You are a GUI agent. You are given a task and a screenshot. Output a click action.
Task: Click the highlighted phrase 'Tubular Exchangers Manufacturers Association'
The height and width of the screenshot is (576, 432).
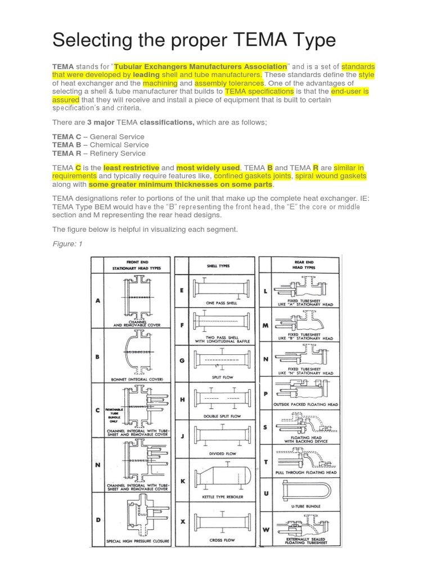coord(201,66)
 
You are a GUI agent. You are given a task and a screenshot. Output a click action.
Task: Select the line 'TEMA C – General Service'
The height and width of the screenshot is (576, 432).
coord(98,137)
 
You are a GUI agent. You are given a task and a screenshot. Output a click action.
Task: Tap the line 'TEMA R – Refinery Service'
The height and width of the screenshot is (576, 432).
coord(99,153)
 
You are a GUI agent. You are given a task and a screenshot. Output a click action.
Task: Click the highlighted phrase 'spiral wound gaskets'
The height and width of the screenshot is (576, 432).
coord(331,176)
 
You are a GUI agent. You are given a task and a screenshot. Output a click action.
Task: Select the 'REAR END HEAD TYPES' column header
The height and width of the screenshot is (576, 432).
coord(305,264)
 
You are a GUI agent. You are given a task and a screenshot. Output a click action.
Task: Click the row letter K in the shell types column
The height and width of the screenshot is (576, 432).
coord(182,481)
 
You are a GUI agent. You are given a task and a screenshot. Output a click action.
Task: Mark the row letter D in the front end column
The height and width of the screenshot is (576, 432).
coord(98,520)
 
